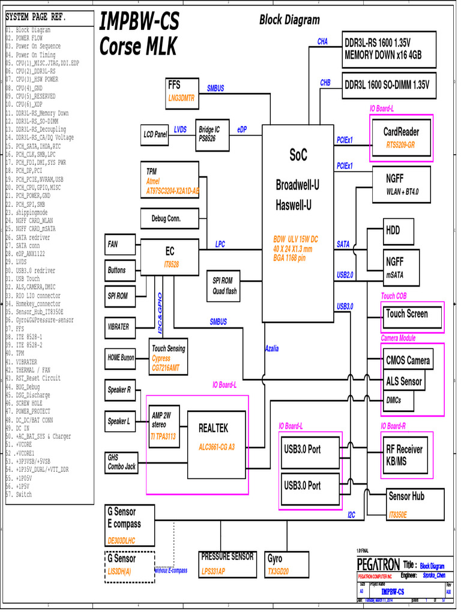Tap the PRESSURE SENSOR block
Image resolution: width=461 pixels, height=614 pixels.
tap(227, 564)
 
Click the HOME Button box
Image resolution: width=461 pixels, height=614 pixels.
tap(121, 358)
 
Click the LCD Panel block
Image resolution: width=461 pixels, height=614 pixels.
tap(155, 135)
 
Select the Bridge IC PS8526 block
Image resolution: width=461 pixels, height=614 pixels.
tap(209, 134)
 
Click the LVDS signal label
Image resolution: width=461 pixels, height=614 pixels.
tap(180, 129)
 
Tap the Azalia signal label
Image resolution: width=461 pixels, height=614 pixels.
tap(272, 348)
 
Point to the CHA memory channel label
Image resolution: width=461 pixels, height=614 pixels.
tap(322, 42)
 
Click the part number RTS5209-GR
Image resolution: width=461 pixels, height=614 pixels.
tap(401, 145)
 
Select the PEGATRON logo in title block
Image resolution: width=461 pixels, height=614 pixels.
tap(378, 565)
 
